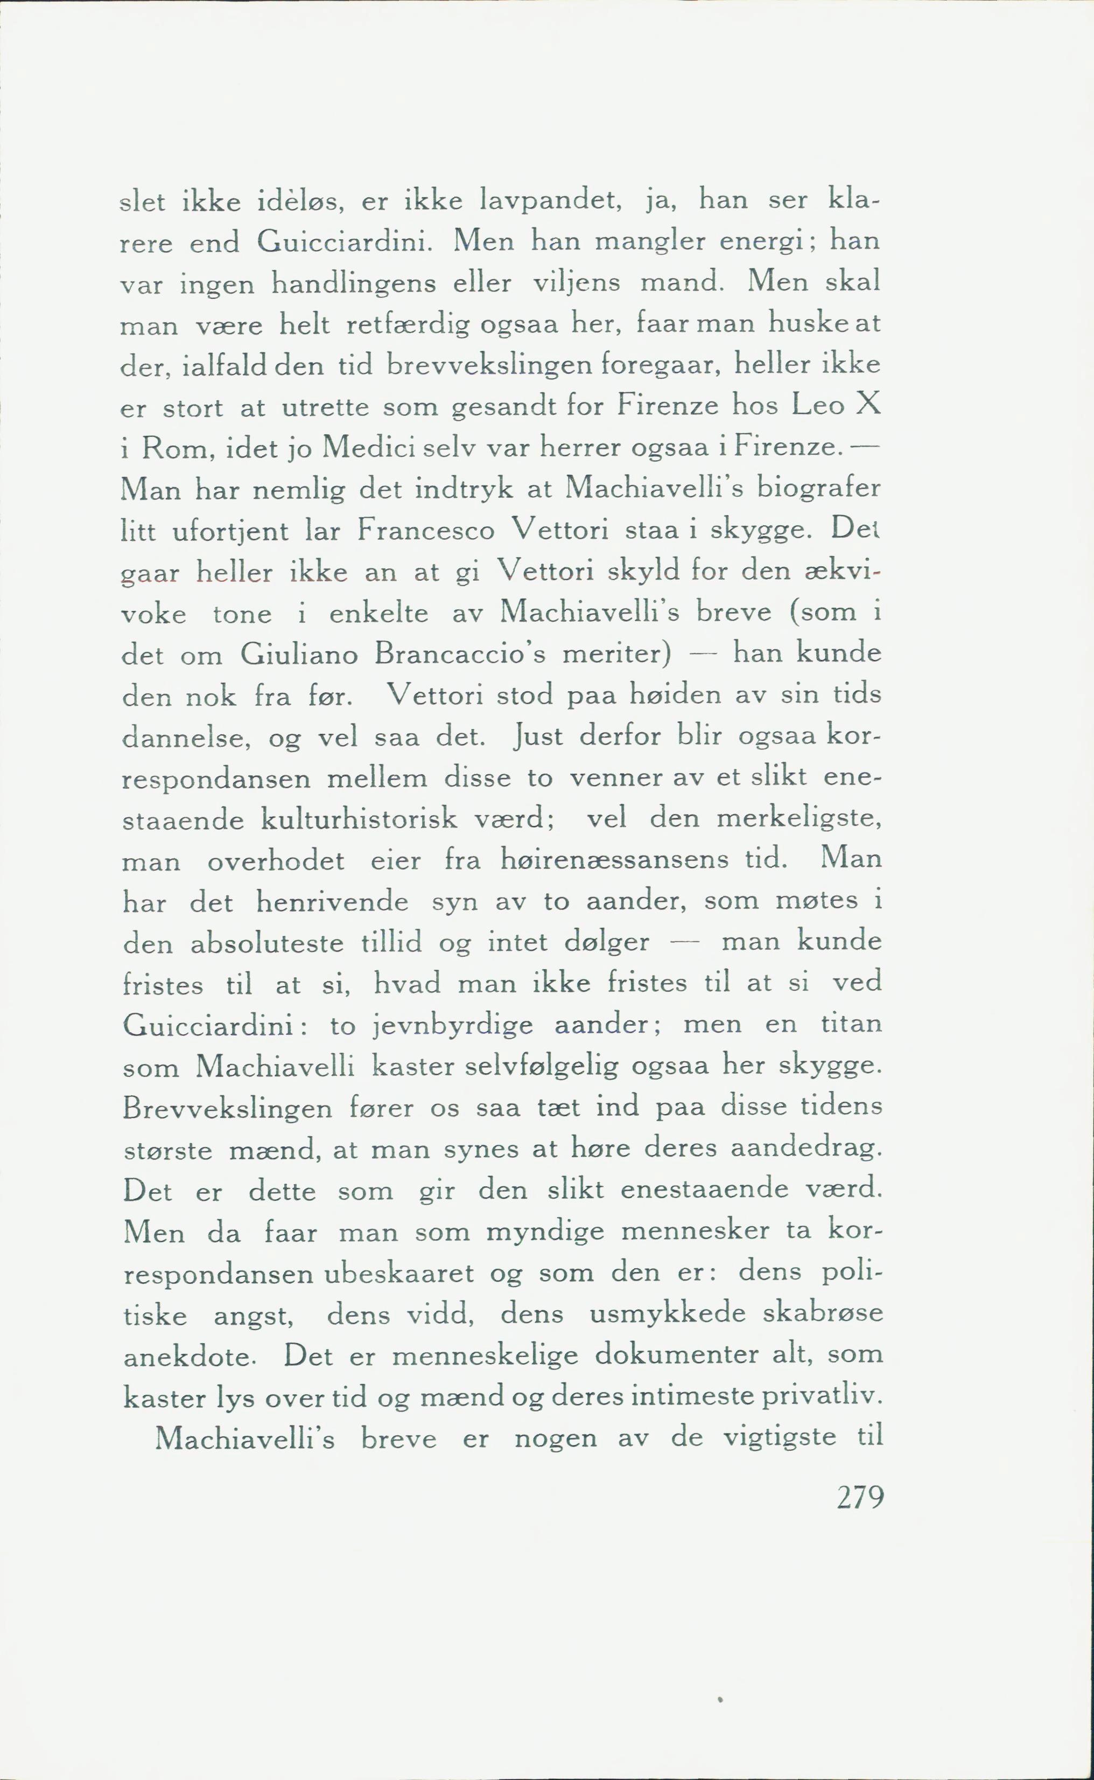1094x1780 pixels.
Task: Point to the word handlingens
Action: (354, 283)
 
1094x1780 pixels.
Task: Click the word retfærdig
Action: (408, 324)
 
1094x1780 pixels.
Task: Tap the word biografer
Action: (818, 489)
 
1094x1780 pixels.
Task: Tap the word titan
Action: (852, 1025)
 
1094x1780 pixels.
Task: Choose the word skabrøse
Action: (823, 1315)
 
